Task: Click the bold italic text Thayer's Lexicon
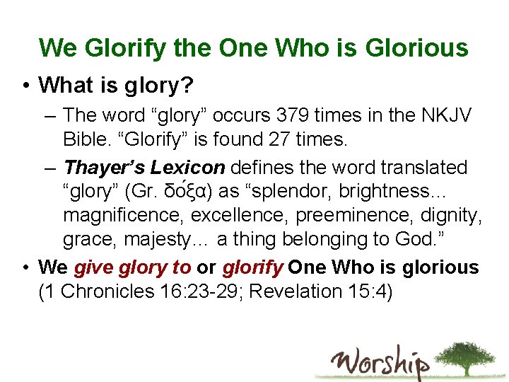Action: [x=144, y=168]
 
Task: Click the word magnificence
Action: [x=123, y=216]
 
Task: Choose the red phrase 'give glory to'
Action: [x=132, y=267]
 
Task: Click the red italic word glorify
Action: [x=252, y=267]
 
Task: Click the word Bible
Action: [x=86, y=139]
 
